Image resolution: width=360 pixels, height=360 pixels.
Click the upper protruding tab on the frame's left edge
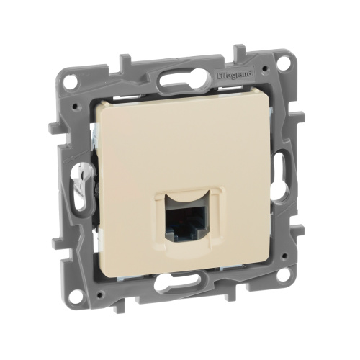[x=55, y=130]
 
